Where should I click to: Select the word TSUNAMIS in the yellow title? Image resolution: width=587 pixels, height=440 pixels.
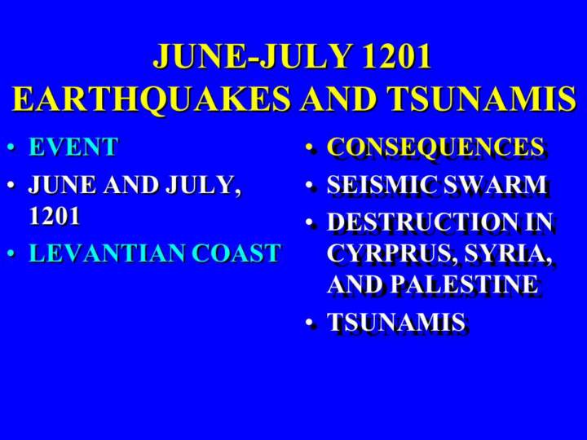(482, 98)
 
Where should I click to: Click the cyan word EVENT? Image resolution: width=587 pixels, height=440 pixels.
(73, 147)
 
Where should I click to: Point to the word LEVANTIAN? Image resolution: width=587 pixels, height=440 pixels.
(107, 252)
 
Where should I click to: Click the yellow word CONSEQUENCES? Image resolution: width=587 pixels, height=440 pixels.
(435, 147)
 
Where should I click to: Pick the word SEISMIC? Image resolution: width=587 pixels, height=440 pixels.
(382, 184)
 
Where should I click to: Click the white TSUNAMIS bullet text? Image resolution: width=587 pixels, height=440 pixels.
(396, 322)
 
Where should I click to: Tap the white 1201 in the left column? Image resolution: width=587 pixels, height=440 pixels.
(55, 215)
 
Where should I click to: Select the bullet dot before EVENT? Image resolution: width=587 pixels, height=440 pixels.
(11, 147)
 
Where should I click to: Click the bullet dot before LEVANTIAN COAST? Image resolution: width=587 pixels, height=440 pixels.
(11, 253)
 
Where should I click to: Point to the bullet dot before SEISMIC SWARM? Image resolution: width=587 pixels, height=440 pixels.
(310, 185)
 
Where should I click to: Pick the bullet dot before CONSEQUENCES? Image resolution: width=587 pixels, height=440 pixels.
(310, 147)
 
